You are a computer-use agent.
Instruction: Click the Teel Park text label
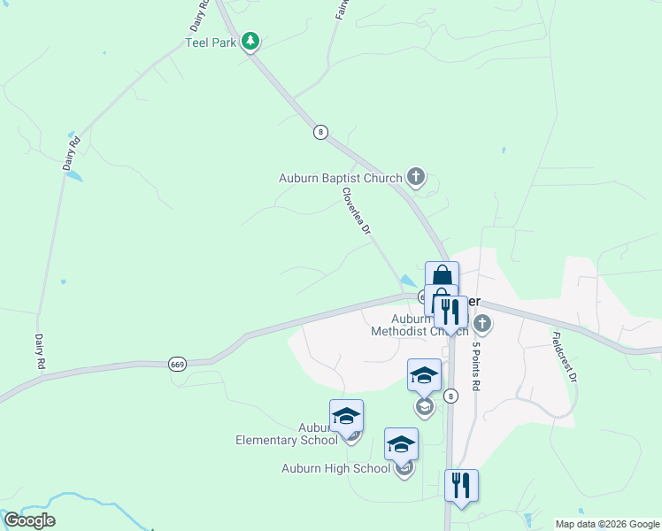[211, 42]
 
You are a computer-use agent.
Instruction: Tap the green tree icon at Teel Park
[251, 41]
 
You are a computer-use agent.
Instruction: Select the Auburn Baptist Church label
[341, 178]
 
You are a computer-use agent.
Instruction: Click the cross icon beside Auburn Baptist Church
[416, 177]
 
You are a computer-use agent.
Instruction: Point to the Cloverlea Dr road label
[357, 211]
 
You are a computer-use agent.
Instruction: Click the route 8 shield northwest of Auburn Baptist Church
[320, 132]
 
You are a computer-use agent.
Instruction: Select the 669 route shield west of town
[177, 364]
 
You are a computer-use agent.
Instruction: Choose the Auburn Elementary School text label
[287, 434]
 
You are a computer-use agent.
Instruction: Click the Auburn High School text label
[335, 468]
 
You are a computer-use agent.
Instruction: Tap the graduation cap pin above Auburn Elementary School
[347, 416]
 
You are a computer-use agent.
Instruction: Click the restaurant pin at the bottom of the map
[461, 486]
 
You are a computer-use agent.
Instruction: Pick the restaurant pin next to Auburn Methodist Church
[451, 312]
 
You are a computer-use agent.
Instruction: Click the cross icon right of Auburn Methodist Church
[482, 322]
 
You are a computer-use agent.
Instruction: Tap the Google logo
[29, 520]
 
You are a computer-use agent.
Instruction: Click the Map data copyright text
[606, 524]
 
